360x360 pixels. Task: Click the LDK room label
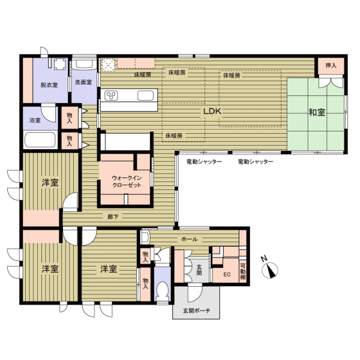coord(212,112)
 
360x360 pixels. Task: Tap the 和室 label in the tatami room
coord(317,112)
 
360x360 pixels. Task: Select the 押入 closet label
coord(331,65)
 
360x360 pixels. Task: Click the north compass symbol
coord(270,269)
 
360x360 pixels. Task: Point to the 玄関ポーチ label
coord(197,311)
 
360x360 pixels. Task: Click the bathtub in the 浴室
coord(40,140)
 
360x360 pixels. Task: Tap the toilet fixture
coord(163,291)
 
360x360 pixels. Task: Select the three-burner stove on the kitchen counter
coord(112,95)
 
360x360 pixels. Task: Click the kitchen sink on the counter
coord(145,95)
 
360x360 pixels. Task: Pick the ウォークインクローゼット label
coord(127,181)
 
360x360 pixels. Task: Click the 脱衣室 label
coord(49,85)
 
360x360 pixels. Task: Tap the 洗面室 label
coord(83,82)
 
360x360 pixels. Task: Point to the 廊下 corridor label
coord(113,217)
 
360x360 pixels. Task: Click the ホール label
coord(190,239)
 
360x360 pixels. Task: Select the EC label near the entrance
coord(227,275)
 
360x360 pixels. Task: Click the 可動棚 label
coord(242,272)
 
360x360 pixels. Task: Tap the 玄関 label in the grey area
coord(199,270)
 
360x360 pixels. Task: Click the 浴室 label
coord(35,120)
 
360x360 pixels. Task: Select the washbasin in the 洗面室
coord(84,64)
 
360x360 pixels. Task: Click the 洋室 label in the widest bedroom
coord(109,269)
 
